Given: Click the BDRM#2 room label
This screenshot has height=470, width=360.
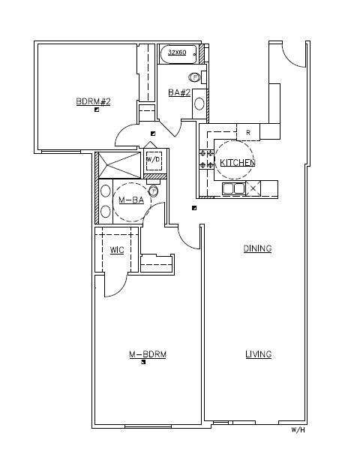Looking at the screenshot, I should (93, 101).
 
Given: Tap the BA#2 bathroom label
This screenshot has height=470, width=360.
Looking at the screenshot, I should (178, 92).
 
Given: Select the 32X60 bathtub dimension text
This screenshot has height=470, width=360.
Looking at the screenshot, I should (177, 53).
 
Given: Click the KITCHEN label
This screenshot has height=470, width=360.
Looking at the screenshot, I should (237, 162).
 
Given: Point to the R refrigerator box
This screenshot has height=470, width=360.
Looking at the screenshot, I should (247, 132).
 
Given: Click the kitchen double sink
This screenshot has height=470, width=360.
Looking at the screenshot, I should (233, 188).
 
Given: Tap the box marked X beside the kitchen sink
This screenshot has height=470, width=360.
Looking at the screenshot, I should (253, 188).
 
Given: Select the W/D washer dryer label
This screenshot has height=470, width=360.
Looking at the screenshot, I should (154, 160).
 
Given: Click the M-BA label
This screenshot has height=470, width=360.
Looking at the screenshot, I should (131, 200).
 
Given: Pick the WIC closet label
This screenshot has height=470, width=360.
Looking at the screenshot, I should (116, 250).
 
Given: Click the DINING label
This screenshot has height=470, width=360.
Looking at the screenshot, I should (257, 249).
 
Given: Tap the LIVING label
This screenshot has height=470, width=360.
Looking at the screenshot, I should (258, 354).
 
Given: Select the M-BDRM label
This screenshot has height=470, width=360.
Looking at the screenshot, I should (147, 354).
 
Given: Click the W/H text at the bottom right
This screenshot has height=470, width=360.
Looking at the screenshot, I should (298, 431).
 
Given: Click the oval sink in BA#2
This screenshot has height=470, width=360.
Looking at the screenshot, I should (199, 103).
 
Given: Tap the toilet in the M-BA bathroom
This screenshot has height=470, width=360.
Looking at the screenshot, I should (154, 191).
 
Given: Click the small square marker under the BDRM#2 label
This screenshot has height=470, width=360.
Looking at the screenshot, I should (97, 110).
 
